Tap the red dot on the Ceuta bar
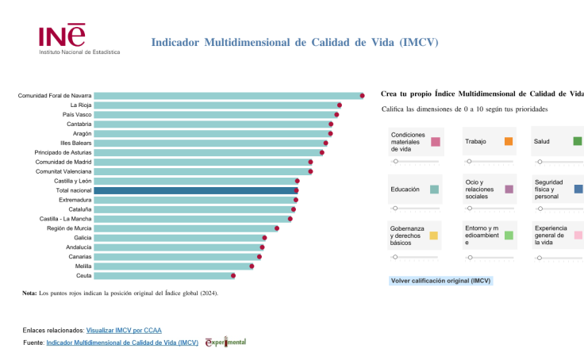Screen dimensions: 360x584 click(233, 276)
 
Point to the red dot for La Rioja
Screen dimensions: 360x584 click(339, 105)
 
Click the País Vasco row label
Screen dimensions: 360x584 click(77, 115)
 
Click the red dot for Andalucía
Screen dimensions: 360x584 click(262, 247)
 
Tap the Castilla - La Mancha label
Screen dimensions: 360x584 click(65, 219)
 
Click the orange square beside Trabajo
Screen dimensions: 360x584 click(508, 141)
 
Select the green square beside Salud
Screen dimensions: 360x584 click(578, 141)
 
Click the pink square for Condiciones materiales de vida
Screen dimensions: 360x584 click(436, 142)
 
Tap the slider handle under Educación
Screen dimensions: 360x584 click(395, 209)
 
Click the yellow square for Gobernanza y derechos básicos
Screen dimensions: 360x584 click(434, 236)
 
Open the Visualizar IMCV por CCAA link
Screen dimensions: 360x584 click(124, 330)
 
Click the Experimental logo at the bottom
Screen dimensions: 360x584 click(225, 343)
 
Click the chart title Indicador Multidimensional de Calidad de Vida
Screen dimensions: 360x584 click(294, 42)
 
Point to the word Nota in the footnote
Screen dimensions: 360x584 click(29, 293)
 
